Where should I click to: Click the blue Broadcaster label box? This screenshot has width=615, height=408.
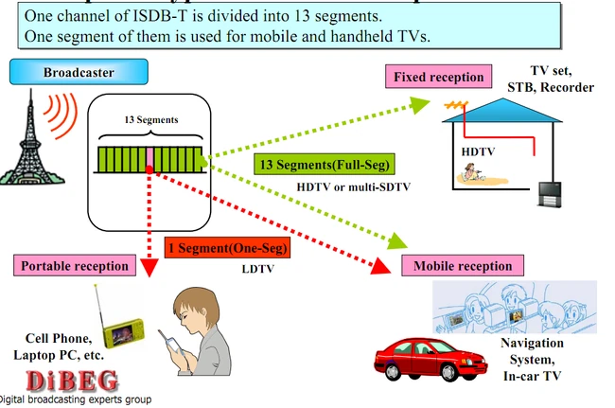[79, 72]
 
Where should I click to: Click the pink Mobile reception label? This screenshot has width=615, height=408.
[463, 266]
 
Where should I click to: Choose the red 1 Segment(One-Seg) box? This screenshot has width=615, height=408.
[227, 248]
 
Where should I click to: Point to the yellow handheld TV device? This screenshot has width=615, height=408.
[123, 332]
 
